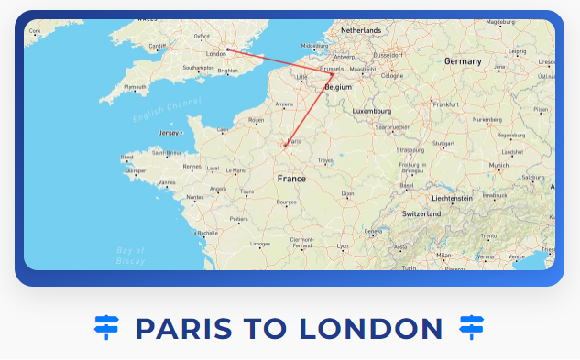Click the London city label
[216, 54]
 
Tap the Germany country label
[463, 61]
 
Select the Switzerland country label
[421, 213]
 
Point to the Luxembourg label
[372, 111]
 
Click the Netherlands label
[360, 30]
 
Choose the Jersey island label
[170, 133]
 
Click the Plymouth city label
[135, 87]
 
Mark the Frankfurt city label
[445, 104]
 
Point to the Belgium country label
[338, 87]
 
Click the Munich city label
[498, 165]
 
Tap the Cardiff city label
[158, 46]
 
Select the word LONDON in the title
[378, 327]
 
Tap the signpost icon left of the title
[107, 326]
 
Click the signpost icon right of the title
[471, 326]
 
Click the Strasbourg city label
[410, 149]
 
